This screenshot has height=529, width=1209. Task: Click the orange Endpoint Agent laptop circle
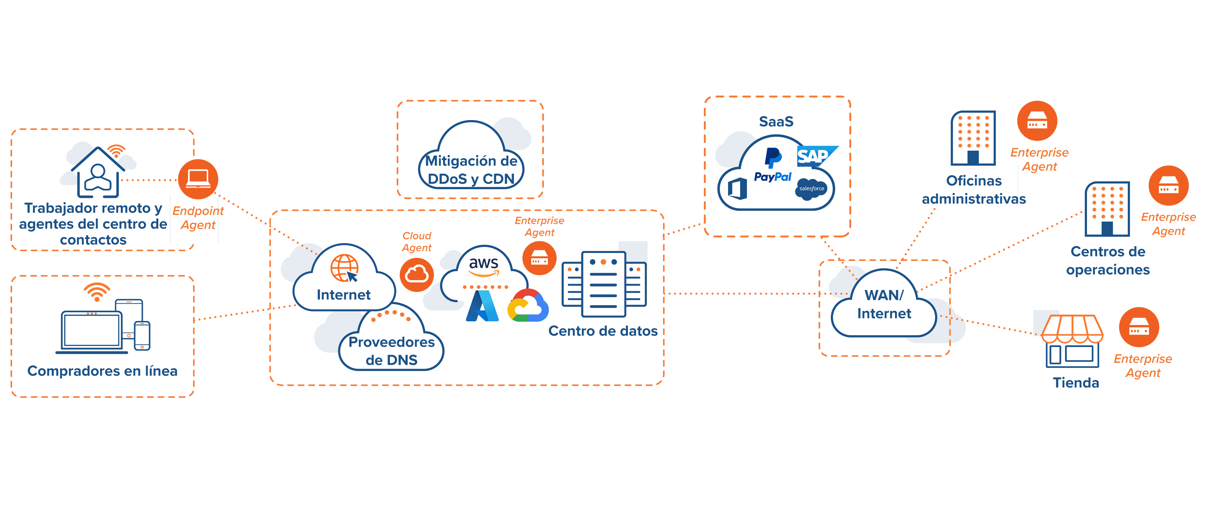[x=198, y=179]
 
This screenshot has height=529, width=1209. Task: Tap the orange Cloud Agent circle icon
[x=416, y=275]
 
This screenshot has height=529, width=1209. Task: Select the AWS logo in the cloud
[x=484, y=266]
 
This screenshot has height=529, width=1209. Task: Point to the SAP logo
[x=814, y=156]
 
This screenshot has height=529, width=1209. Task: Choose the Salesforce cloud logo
[x=812, y=188]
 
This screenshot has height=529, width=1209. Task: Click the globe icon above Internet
[x=345, y=268]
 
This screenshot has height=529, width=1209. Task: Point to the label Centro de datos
[x=603, y=331]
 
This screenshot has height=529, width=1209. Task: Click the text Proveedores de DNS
[x=391, y=351]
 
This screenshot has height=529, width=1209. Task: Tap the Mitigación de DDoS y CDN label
[x=471, y=170]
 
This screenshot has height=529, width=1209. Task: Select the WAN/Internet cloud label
[x=884, y=304]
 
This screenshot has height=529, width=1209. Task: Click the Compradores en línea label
[x=102, y=371]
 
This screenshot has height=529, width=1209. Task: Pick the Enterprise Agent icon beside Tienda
[x=1139, y=327]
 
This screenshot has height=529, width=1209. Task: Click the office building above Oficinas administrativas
[x=973, y=138]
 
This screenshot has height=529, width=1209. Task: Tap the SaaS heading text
[x=776, y=122]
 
